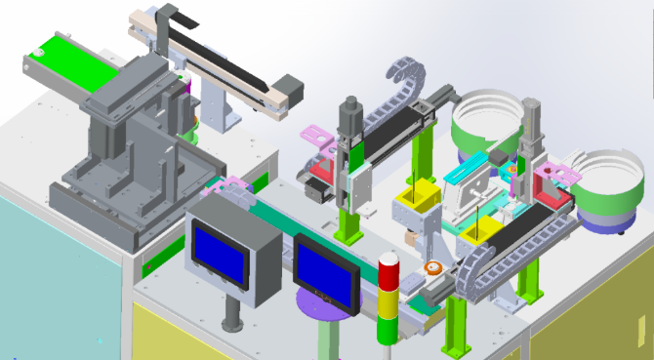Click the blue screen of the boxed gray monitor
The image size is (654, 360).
point(220,246)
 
